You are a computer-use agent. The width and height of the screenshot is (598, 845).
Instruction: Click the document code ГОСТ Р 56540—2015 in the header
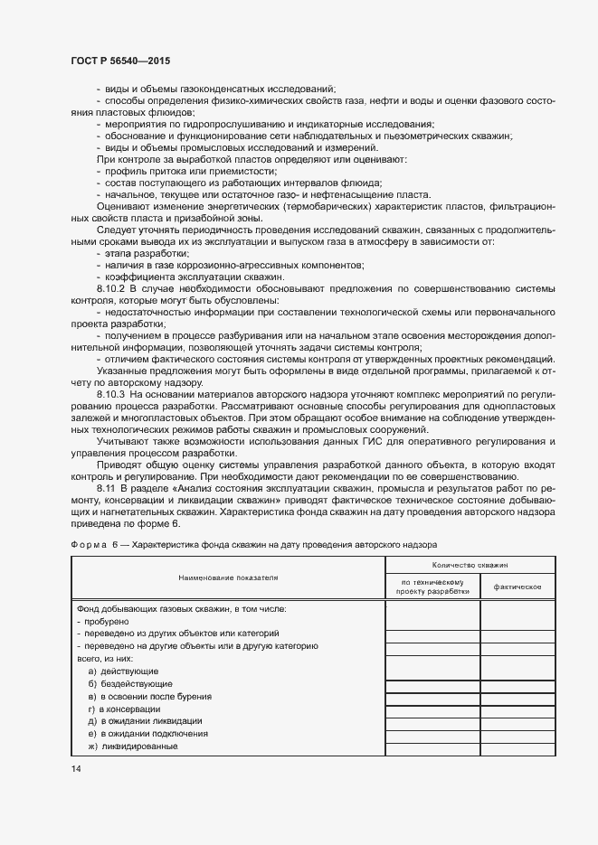(119, 60)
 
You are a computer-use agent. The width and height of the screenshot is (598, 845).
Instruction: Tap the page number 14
(75, 768)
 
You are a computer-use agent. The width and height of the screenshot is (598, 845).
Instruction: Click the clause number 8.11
(107, 488)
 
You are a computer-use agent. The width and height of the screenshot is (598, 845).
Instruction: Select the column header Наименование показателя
(228, 576)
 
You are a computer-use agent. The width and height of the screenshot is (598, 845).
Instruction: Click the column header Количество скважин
(470, 563)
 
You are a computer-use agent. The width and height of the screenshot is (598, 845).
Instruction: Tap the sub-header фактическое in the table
(517, 587)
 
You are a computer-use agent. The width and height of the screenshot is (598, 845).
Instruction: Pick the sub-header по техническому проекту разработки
(432, 587)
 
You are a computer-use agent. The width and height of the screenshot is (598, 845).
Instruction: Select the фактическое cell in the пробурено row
(517, 622)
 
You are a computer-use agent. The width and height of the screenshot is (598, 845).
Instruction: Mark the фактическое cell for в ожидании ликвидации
(517, 721)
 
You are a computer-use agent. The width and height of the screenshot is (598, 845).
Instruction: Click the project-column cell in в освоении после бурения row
(432, 697)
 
